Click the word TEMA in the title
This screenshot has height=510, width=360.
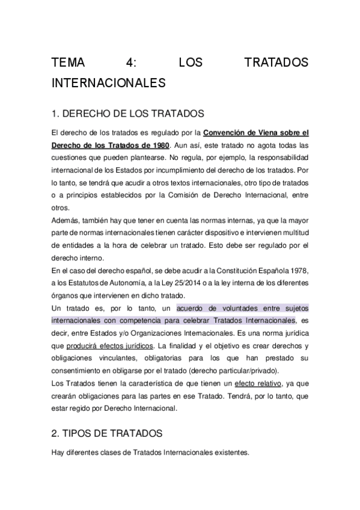pos(70,63)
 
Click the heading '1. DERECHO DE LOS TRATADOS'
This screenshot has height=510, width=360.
pos(129,114)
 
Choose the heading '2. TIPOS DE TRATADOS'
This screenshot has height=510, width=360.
pos(109,433)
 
